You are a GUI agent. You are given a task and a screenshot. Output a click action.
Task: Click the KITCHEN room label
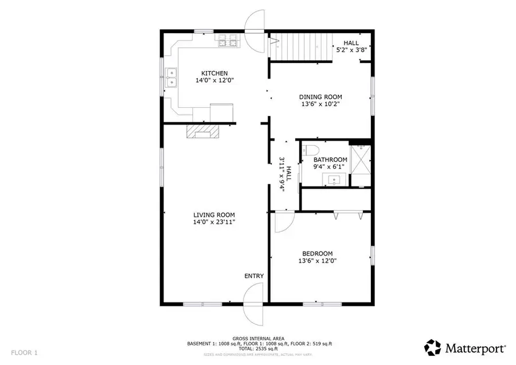coord(214,73)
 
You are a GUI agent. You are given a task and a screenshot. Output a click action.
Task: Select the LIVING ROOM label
coord(214,214)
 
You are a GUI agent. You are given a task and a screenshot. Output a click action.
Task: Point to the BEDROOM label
coord(317,253)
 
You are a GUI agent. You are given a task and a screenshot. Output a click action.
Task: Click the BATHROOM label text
coord(330,160)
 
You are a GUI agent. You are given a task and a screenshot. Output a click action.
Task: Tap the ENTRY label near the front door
coord(254,276)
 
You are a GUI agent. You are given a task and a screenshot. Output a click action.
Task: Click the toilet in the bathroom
coord(310,151)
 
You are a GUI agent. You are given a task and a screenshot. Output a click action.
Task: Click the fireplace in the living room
coord(202,132)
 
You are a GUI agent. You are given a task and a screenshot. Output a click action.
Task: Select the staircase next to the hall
coord(302,46)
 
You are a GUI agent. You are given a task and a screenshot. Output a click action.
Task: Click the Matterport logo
coord(465,347)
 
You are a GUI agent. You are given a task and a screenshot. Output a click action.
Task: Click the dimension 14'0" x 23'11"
coord(214,222)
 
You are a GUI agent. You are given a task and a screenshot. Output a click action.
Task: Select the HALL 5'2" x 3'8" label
coord(351,46)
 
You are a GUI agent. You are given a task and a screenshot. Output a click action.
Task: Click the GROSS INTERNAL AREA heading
coord(260,339)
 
